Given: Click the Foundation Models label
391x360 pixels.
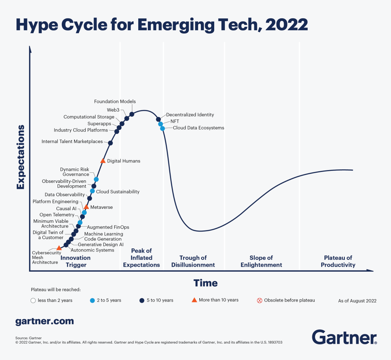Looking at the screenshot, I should tap(115, 102).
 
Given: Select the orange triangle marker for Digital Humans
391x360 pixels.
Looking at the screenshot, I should tap(103, 161).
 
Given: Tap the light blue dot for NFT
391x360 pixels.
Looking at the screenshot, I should tap(161, 124).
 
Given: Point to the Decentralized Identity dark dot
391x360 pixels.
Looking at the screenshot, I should tap(158, 119).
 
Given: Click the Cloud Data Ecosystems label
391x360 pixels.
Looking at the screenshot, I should tap(198, 128).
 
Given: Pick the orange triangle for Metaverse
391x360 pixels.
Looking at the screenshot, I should tap(86, 207).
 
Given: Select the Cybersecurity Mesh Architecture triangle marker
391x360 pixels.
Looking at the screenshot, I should tap(59, 248).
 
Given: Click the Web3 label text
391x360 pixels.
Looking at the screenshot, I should tap(113, 110).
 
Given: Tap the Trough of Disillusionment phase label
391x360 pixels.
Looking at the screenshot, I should tap(193, 261).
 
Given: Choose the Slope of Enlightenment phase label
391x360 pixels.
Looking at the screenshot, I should tap(261, 261).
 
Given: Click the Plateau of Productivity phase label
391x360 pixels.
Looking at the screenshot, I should tap(338, 261).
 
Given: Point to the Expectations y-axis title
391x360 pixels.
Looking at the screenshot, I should tap(21, 157).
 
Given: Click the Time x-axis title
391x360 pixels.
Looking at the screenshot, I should tap(205, 283).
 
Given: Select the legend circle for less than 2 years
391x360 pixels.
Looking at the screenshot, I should tap(33, 300).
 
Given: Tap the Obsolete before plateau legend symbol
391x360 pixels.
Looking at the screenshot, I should tap(260, 300).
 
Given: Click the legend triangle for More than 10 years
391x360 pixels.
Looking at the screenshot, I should tap(194, 300).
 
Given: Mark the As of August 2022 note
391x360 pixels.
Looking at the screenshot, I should tap(357, 301).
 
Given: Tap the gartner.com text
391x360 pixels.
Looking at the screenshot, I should tap(44, 321).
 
